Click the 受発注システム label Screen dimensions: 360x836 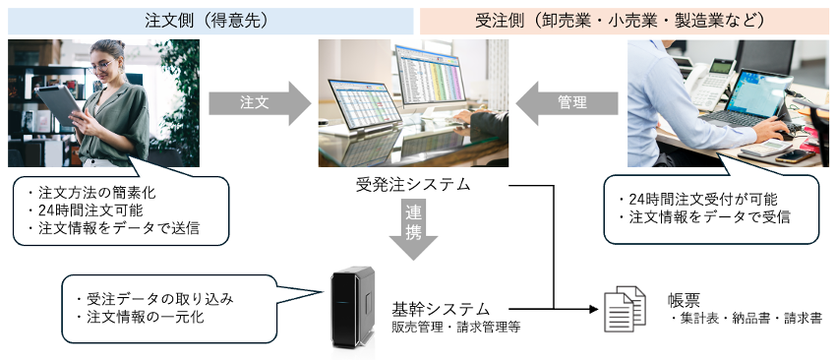coord(413,184)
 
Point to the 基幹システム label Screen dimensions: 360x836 coord(440,308)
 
